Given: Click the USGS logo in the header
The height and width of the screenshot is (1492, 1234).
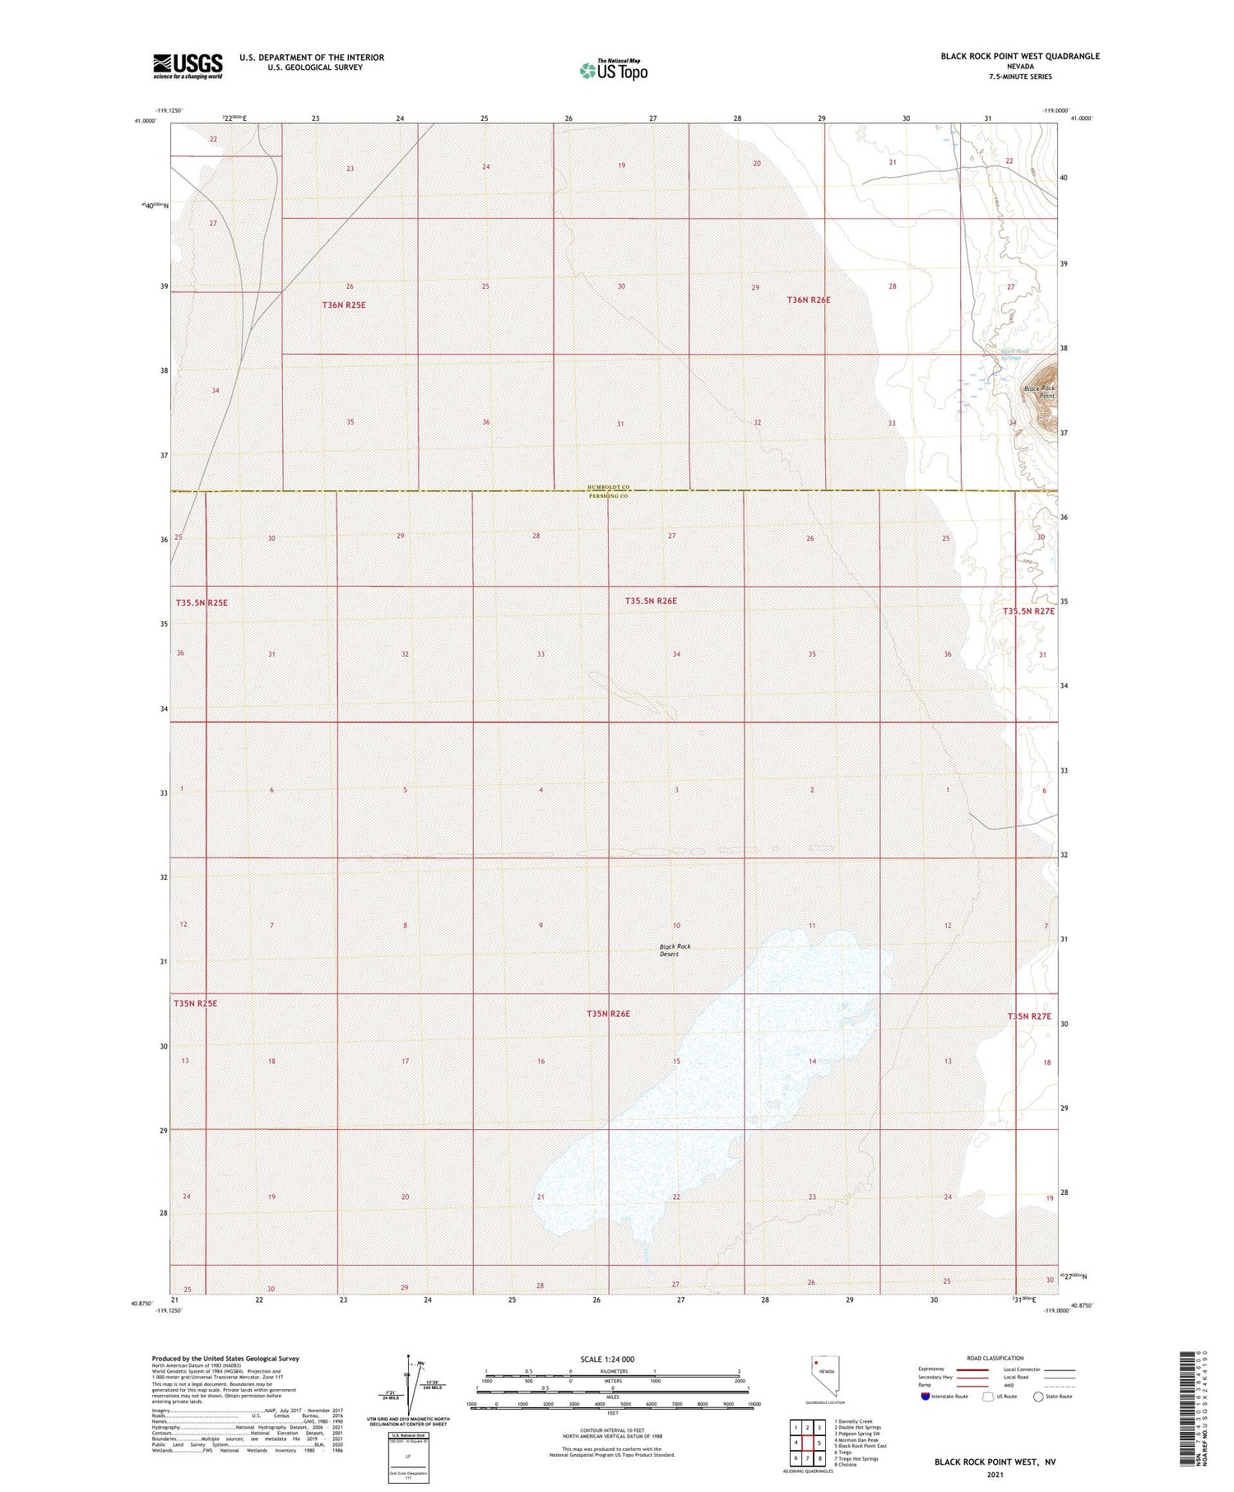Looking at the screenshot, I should tap(188, 66).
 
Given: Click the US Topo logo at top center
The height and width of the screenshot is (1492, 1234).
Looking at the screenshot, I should tap(614, 70).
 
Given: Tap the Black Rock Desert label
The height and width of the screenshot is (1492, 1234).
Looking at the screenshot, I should tap(675, 950).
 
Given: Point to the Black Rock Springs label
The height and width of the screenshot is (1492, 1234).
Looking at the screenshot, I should tap(1014, 355).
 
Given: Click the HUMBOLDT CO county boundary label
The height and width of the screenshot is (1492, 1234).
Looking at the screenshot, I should tap(609, 487).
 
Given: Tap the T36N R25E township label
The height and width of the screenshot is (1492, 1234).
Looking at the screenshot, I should tap(343, 305).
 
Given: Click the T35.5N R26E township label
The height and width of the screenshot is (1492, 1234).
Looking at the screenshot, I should tap(650, 601).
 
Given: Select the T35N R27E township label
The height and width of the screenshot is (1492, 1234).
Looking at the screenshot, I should tap(1029, 1016).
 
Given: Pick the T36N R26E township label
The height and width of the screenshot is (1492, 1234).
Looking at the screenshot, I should tap(809, 300).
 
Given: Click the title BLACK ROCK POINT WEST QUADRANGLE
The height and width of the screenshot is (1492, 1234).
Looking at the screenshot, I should tap(1020, 56).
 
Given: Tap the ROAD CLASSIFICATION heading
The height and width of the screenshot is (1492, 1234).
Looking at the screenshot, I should tap(995, 1358).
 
